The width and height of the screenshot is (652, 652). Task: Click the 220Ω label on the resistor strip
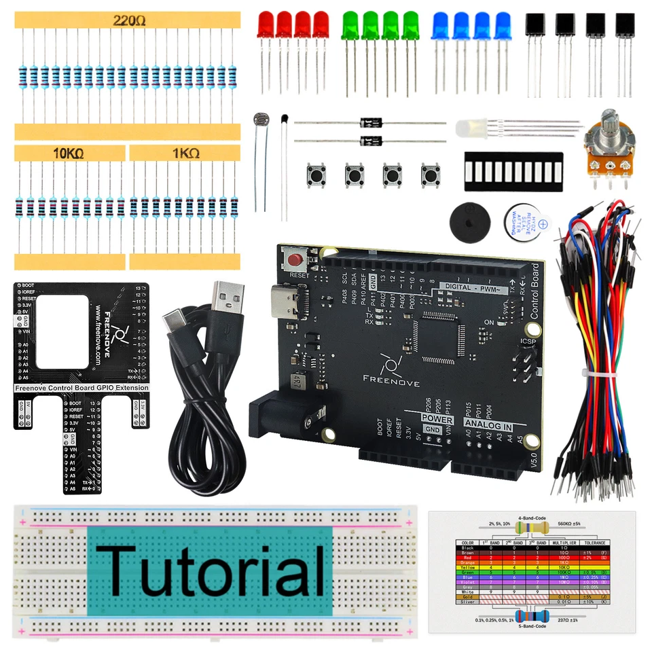(x=129, y=20)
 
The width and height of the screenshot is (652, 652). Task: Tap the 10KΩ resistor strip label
(x=68, y=153)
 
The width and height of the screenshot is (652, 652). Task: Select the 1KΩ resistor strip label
(x=185, y=153)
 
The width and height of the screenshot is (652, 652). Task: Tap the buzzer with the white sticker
(x=526, y=219)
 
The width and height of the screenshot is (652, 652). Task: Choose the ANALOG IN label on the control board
(x=488, y=424)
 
